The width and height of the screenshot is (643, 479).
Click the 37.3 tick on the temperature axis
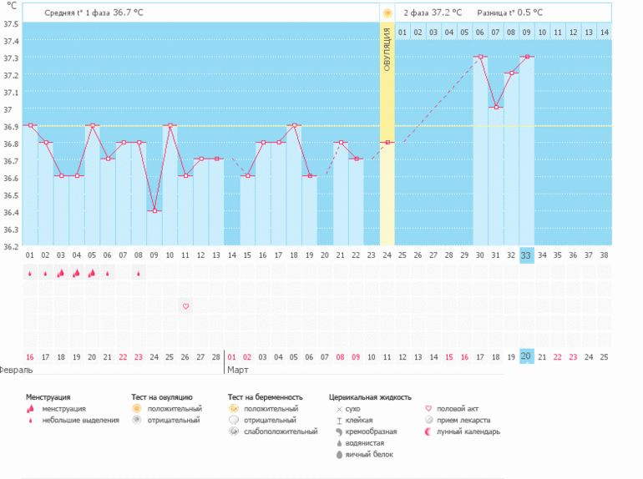pyautogui.click(x=11, y=58)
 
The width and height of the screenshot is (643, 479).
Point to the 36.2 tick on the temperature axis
pyautogui.click(x=11, y=247)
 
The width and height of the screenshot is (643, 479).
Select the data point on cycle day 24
pyautogui.click(x=387, y=143)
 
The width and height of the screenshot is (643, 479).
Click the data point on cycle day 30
pyautogui.click(x=479, y=57)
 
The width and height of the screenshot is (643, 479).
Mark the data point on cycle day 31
pyautogui.click(x=495, y=108)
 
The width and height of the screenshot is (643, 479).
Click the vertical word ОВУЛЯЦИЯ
pyautogui.click(x=387, y=50)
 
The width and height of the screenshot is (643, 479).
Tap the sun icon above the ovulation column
pyautogui.click(x=387, y=13)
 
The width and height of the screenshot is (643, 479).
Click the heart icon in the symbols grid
pyautogui.click(x=185, y=306)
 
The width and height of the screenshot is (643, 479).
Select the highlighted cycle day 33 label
pyautogui.click(x=526, y=255)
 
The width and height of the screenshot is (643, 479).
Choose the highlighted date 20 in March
pyautogui.click(x=526, y=356)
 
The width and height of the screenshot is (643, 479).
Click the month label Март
pyautogui.click(x=239, y=368)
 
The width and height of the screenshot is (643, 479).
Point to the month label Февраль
pyautogui.click(x=17, y=368)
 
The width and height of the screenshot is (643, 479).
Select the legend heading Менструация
pyautogui.click(x=48, y=397)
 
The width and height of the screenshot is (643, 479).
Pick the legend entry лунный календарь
pyautogui.click(x=468, y=431)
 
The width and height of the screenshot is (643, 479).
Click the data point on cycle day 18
pyautogui.click(x=294, y=125)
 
